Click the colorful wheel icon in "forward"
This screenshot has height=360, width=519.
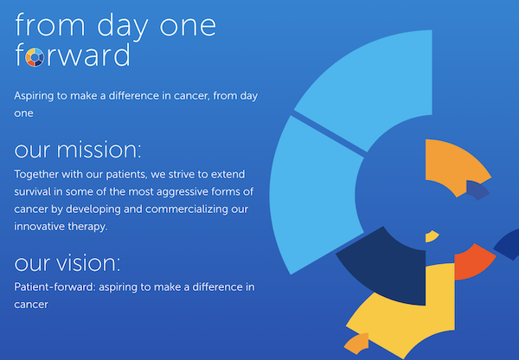click(x=35, y=57)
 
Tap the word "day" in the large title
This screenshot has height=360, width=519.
click(x=123, y=27)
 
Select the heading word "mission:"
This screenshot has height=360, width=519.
click(x=99, y=150)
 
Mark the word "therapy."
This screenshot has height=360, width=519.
click(x=87, y=227)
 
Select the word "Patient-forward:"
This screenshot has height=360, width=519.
click(x=54, y=286)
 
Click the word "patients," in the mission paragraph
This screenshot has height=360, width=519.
click(x=126, y=175)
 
